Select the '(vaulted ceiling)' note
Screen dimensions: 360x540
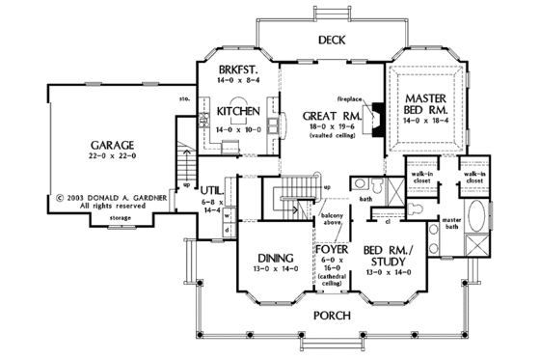pyautogui.click(x=324, y=136)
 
